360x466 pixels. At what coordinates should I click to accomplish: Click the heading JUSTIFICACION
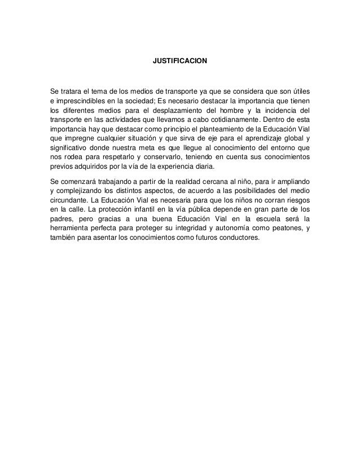180,59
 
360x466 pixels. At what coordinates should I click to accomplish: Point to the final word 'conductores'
239,238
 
